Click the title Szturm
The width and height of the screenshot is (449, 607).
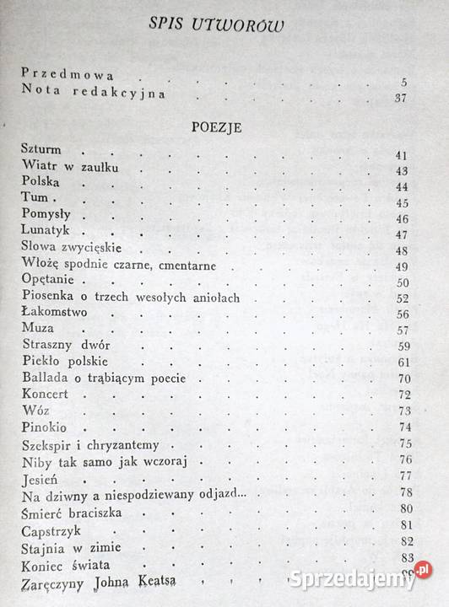pos(41,150)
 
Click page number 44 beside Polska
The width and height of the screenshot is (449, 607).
pos(402,187)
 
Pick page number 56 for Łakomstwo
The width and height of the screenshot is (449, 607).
pos(402,314)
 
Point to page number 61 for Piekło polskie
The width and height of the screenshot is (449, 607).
pos(402,363)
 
